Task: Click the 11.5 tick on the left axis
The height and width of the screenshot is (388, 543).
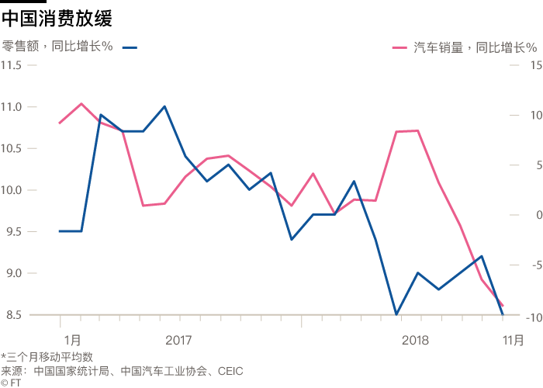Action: (13, 65)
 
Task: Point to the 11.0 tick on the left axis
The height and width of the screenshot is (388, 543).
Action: (13, 106)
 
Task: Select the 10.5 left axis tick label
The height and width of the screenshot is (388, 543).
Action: (13, 148)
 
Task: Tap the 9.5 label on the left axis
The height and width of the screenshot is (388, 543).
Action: (13, 231)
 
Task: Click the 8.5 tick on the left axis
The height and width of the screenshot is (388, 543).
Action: (13, 314)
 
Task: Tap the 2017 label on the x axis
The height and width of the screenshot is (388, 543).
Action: (178, 339)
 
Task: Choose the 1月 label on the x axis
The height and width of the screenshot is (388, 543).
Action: (72, 339)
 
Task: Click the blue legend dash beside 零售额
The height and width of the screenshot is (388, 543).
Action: (130, 47)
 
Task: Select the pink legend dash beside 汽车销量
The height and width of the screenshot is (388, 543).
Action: (401, 47)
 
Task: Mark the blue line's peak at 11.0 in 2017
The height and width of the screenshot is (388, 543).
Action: (164, 106)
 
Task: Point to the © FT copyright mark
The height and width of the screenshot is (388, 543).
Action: (11, 382)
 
